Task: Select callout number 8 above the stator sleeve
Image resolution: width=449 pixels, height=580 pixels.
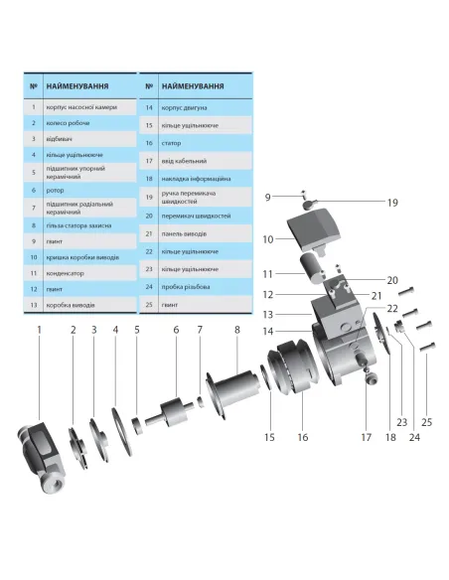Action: (x=237, y=330)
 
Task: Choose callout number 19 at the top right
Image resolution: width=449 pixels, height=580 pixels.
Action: (x=392, y=203)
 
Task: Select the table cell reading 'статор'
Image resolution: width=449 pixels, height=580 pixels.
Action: (x=172, y=142)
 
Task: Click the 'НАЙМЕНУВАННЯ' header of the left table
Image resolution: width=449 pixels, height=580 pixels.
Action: (x=75, y=86)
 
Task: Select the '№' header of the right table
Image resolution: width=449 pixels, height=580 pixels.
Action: (x=147, y=86)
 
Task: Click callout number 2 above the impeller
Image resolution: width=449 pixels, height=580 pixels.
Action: (x=73, y=330)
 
